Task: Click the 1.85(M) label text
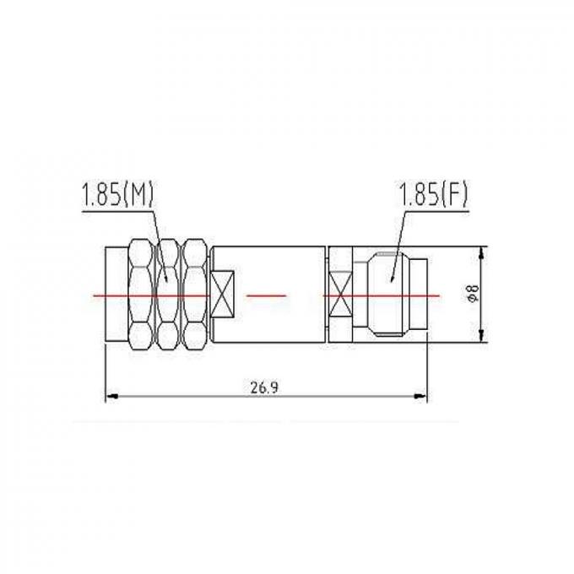pyautogui.click(x=118, y=196)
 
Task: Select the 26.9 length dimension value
pyautogui.click(x=265, y=387)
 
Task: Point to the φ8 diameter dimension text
pyautogui.click(x=474, y=295)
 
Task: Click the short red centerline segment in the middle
pyautogui.click(x=266, y=295)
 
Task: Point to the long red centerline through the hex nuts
pyautogui.click(x=152, y=295)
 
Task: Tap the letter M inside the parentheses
pyautogui.click(x=141, y=196)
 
